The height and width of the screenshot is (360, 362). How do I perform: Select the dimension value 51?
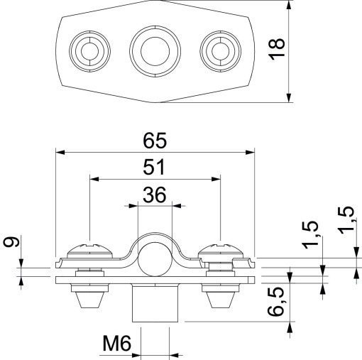[154, 168]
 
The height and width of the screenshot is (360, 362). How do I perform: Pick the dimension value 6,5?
[278, 302]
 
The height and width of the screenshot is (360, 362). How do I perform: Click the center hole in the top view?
[154, 50]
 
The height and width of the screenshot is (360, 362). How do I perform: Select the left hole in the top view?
[90, 50]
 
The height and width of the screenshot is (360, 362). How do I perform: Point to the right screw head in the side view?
[222, 251]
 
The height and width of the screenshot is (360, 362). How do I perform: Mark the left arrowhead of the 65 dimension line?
[60, 151]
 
